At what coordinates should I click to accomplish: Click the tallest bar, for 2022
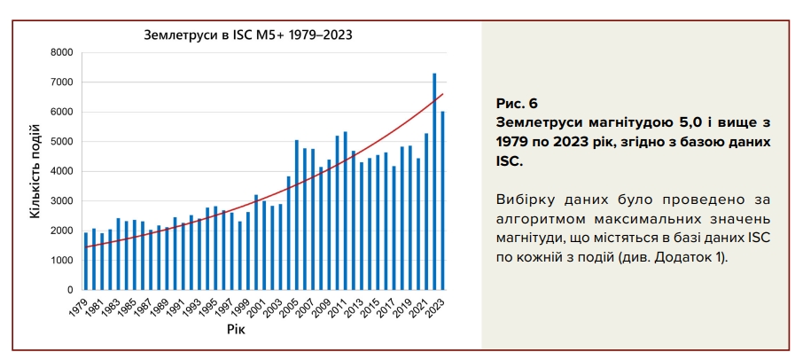pos(434,182)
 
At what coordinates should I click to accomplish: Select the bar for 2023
pos(442,200)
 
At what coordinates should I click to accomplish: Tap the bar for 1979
pos(86,261)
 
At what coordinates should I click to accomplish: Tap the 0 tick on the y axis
pos(68,290)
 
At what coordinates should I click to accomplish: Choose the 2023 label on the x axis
pos(437,307)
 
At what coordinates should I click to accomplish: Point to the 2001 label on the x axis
pos(259,307)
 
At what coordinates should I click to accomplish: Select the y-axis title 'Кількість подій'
pos(36,171)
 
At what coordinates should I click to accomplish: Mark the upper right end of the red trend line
pos(442,94)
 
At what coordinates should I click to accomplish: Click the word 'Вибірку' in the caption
pos(524,200)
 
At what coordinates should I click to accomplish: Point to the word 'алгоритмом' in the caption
pos(534,219)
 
